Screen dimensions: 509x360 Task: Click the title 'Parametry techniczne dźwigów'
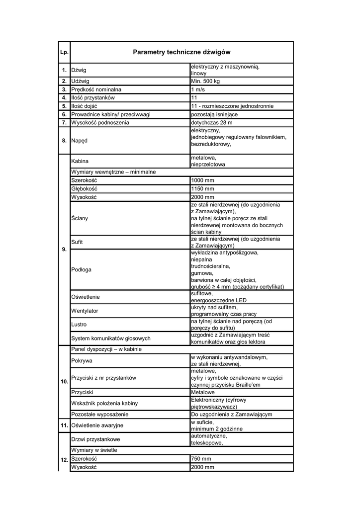tap(181, 52)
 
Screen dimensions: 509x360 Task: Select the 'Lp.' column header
tap(64, 53)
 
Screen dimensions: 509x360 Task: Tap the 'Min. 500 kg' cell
tap(205, 81)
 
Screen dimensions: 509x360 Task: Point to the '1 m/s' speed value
tap(198, 89)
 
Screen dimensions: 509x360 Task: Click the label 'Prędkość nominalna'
tap(96, 89)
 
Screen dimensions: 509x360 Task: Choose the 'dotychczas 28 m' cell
tap(211, 123)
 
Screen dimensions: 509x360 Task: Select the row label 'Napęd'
tap(80, 141)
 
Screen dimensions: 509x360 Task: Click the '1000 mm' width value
tap(202, 180)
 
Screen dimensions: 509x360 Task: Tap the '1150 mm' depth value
tap(202, 189)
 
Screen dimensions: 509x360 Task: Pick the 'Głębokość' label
tap(85, 189)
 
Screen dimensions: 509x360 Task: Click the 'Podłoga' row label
tap(82, 269)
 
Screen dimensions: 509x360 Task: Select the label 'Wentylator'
tap(85, 311)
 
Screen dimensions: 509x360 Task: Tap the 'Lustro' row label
tap(80, 325)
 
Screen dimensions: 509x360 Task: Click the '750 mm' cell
tap(201, 459)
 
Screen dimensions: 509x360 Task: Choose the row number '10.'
tap(64, 382)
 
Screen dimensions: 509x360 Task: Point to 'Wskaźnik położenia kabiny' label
tap(104, 403)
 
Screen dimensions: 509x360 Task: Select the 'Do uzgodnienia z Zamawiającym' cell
tap(231, 415)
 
